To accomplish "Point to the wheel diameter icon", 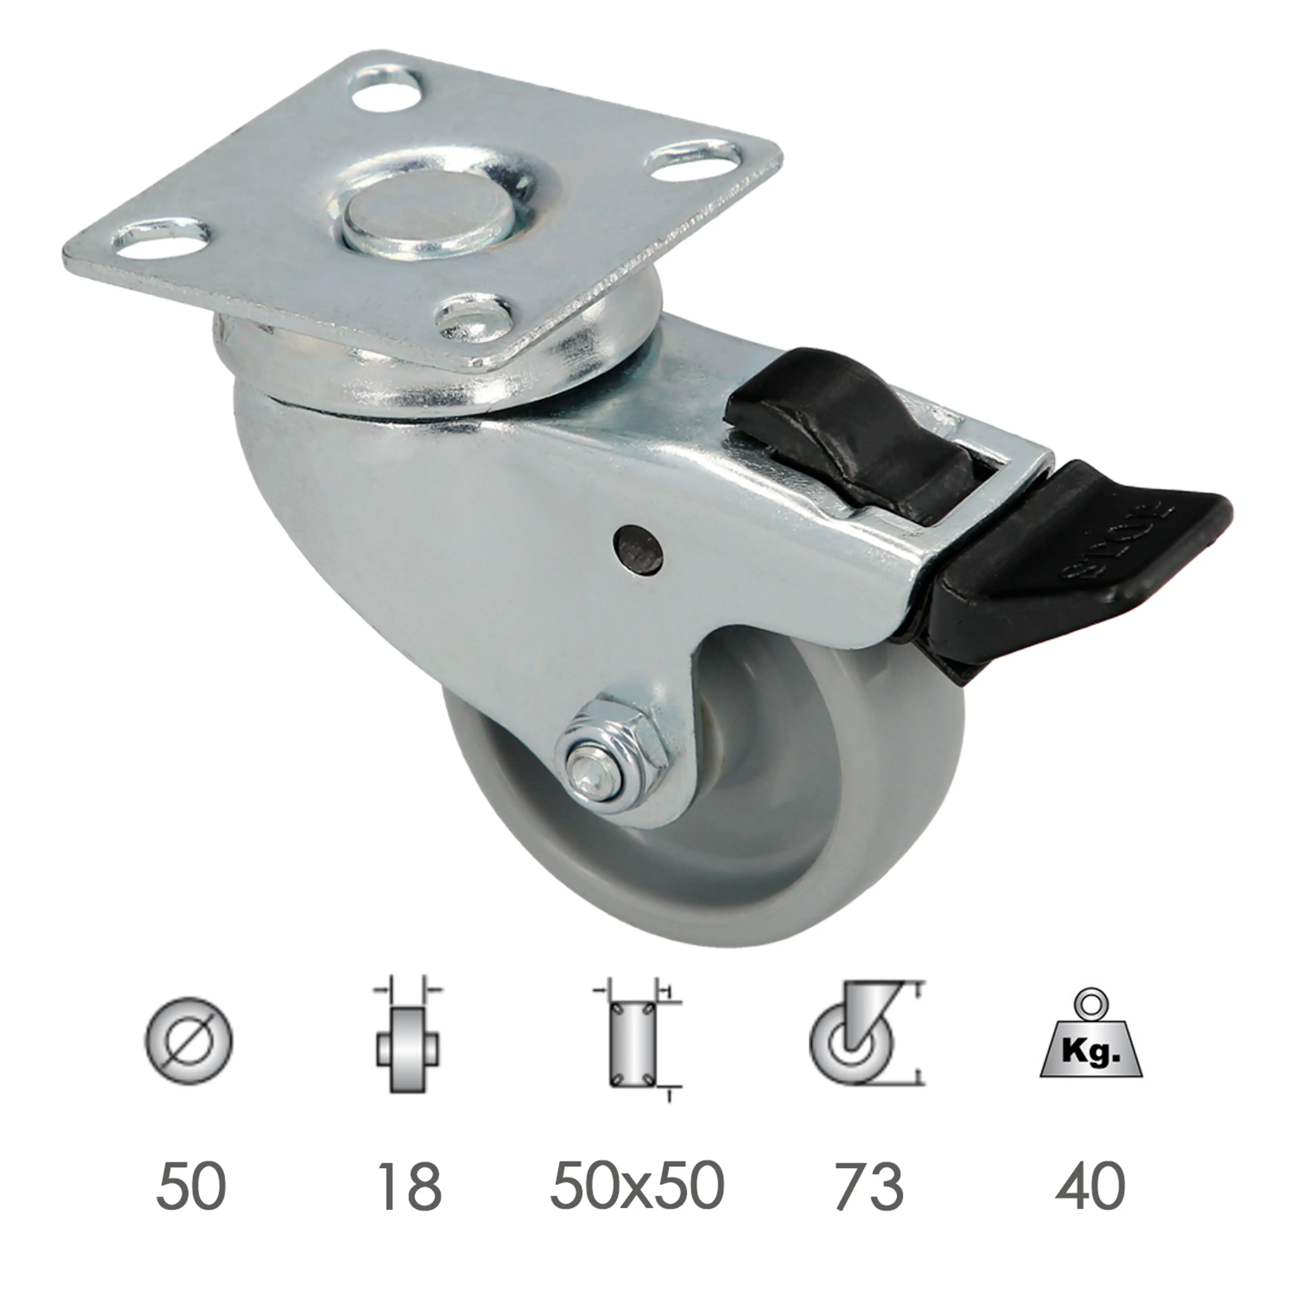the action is (189, 1042).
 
